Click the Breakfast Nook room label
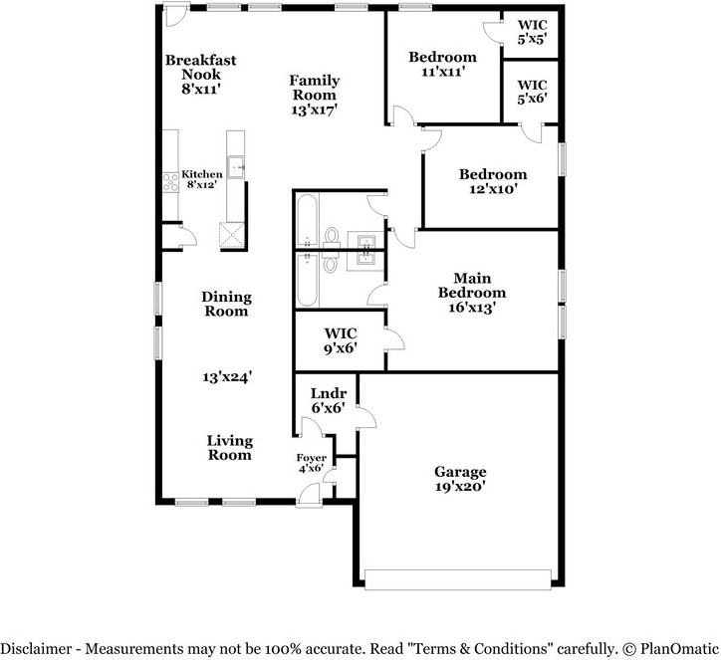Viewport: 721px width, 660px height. (201, 74)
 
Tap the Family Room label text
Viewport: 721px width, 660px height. (315, 95)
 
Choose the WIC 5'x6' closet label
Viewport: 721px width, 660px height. (532, 93)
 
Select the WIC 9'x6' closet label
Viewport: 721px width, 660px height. (341, 340)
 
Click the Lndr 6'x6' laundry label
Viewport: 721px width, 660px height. (327, 401)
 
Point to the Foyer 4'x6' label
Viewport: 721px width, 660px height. (311, 463)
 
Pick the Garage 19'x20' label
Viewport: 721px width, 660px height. (460, 480)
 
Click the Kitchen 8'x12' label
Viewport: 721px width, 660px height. (201, 179)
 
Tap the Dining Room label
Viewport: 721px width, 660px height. (226, 304)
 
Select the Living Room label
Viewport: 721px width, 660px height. (229, 448)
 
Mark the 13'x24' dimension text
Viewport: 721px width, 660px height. (227, 377)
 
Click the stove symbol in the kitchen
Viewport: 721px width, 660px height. (169, 182)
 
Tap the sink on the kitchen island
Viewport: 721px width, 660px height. (236, 167)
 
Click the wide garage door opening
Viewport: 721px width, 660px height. (458, 578)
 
